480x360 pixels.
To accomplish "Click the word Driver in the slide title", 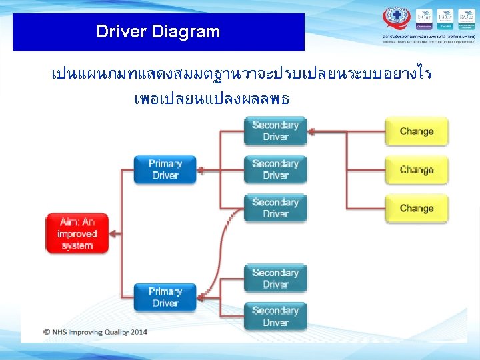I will coord(121,31).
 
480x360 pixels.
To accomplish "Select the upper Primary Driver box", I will coord(165,169).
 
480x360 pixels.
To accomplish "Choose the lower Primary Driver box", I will coord(165,297).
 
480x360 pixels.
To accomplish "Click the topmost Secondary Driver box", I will coord(275,131).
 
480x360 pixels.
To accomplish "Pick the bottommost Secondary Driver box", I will coord(275,317).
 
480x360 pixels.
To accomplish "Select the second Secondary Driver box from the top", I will coord(275,169).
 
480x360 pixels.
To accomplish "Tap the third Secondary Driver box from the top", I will coord(275,208).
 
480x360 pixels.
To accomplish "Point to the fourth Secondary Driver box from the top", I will coord(275,278).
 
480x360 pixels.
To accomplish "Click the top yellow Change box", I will coord(417,131).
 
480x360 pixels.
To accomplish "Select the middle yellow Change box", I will coord(417,170).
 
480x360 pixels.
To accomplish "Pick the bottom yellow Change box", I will coord(417,209).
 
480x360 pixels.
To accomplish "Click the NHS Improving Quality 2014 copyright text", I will coord(95,331).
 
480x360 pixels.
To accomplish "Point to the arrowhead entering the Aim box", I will coord(114,234).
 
